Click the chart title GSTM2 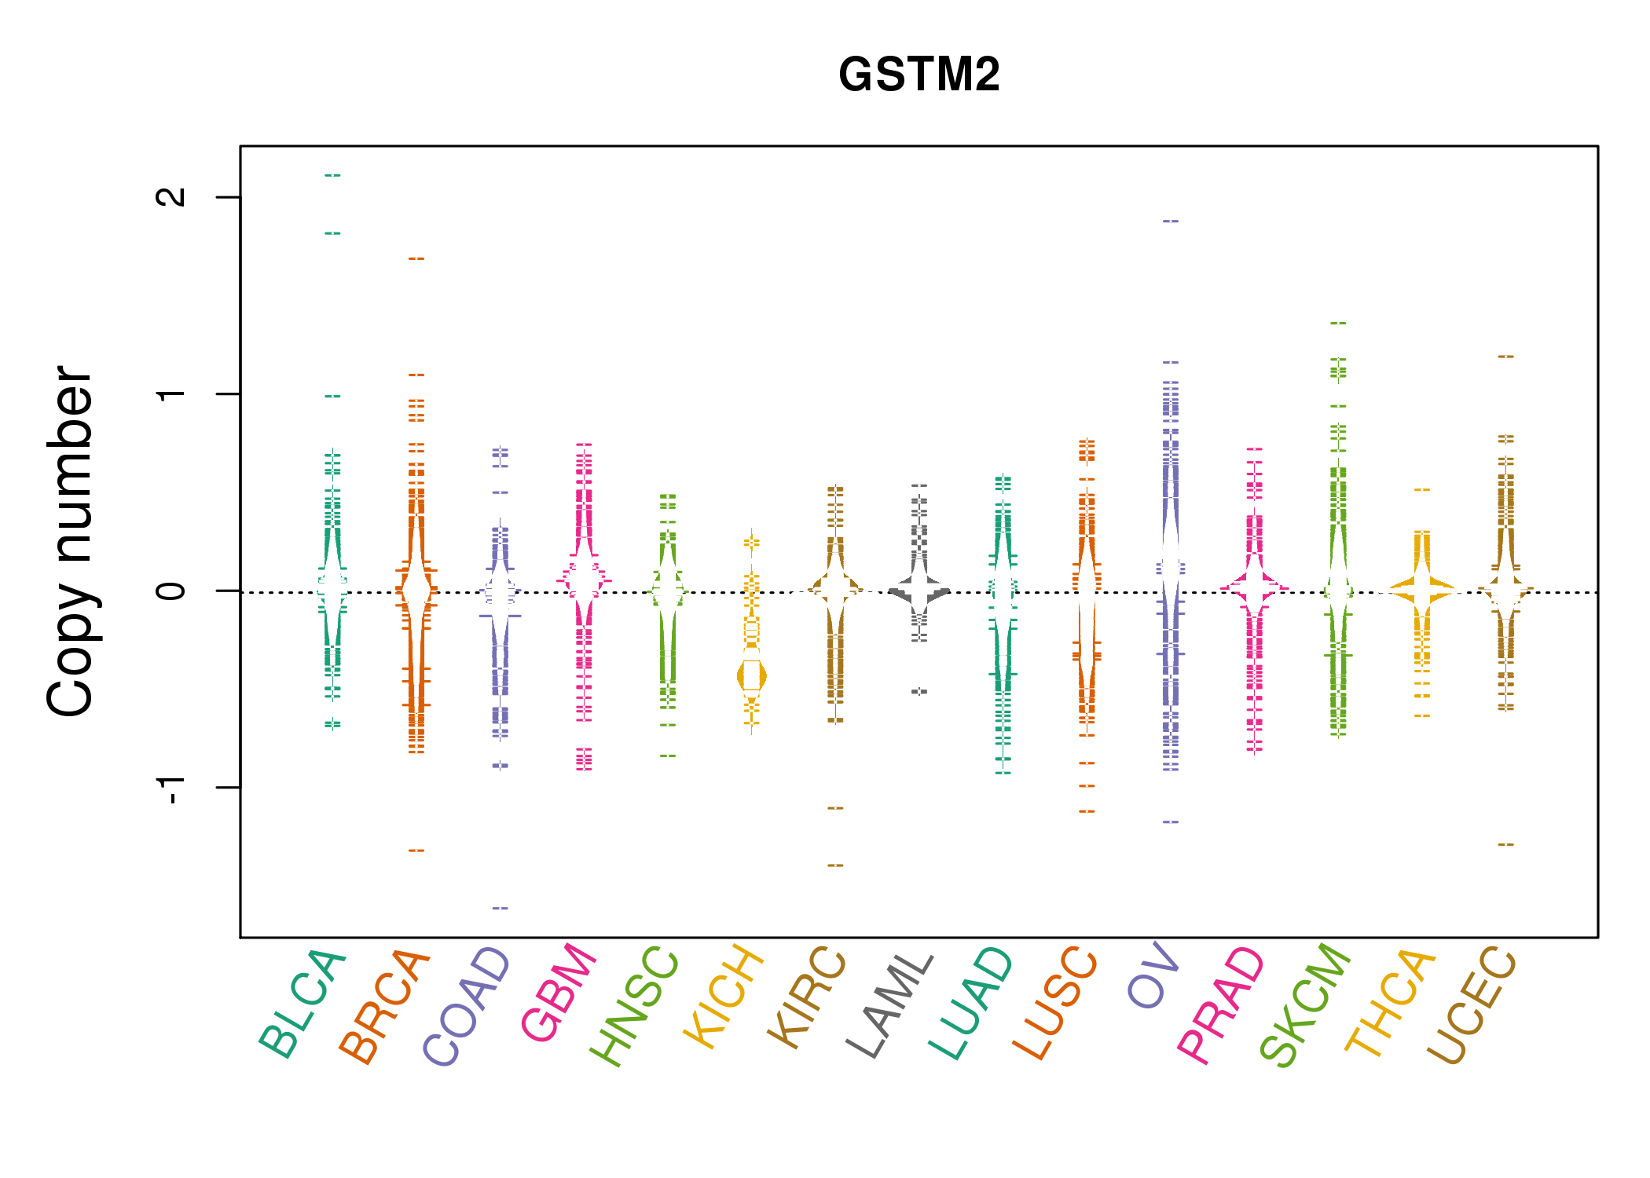coord(918,75)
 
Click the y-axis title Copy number coord(71,542)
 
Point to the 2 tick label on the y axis coord(171,196)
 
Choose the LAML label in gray coord(890,1005)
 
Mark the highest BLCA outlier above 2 coord(332,175)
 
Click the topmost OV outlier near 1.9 coord(1171,221)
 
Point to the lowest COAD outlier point coord(500,908)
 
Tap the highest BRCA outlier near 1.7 coord(416,258)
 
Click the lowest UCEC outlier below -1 coord(1505,844)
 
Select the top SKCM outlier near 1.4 coord(1338,323)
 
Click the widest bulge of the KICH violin coord(752,676)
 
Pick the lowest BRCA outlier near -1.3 coord(416,850)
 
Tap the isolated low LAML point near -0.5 coord(919,691)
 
